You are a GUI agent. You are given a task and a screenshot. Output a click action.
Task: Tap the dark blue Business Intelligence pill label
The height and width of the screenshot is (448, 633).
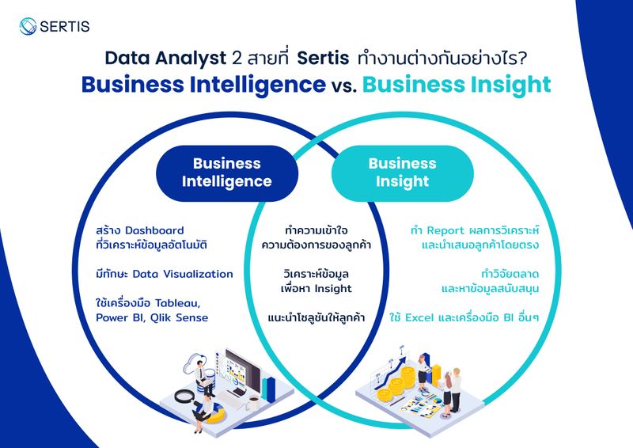point(226,173)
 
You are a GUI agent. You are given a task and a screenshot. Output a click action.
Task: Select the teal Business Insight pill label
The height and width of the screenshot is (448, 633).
point(402,173)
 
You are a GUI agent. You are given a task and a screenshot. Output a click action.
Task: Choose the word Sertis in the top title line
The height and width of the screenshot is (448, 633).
point(324,58)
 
